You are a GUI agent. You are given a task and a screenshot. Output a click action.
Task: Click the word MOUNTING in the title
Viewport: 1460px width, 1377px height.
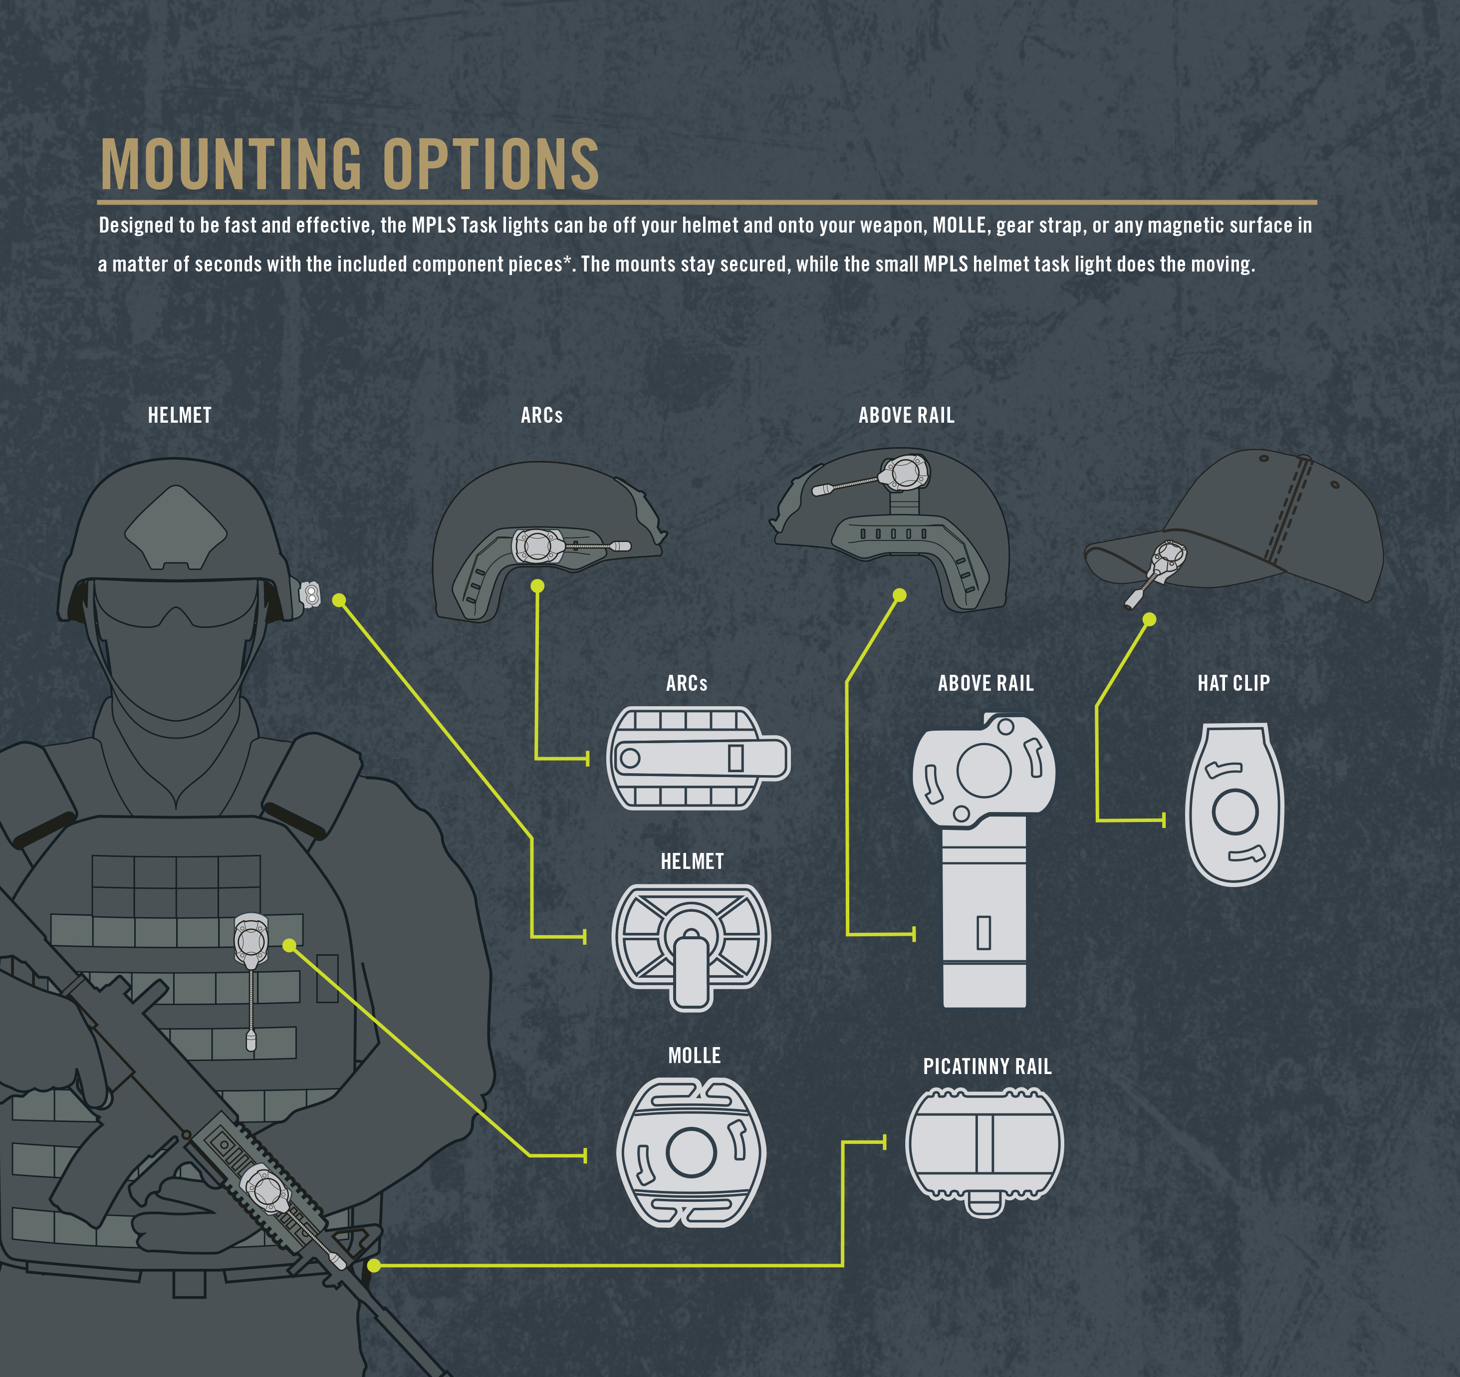(x=230, y=165)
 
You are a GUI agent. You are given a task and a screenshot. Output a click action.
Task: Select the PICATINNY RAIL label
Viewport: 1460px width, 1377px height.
(x=987, y=1067)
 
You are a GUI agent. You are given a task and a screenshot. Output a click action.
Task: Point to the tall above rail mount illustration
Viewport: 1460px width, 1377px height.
(x=983, y=859)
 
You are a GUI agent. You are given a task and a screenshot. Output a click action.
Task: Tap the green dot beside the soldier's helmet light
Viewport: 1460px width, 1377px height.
(x=339, y=600)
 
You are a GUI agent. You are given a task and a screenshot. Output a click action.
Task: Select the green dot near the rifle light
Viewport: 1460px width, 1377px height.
(x=374, y=1265)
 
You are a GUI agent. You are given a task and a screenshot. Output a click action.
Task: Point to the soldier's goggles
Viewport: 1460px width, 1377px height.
(x=176, y=602)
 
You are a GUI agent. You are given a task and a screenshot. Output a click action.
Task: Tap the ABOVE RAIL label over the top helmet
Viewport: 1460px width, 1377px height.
(x=906, y=416)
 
